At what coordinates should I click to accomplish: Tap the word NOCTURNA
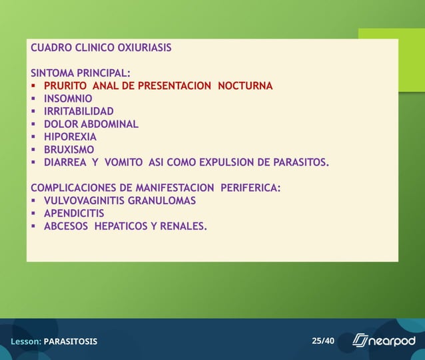[x=245, y=86]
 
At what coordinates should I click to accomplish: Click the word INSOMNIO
[x=68, y=98]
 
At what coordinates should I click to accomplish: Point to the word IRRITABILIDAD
[x=79, y=111]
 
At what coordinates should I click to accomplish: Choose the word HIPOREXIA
[x=70, y=136]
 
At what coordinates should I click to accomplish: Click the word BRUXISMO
[x=69, y=149]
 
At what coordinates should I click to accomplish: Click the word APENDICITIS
[x=74, y=213]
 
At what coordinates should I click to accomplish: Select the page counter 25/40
[x=322, y=341]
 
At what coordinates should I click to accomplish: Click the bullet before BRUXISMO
[x=33, y=150]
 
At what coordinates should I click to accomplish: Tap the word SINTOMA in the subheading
[x=51, y=73]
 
